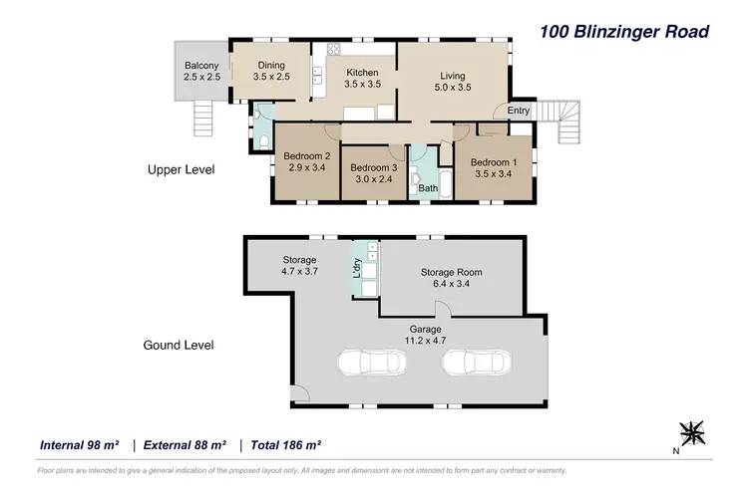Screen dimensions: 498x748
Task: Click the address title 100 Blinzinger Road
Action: tap(623, 31)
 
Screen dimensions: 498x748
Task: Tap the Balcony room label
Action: tap(200, 72)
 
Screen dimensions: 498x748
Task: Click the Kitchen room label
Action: tap(362, 79)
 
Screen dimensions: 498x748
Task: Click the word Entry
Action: tap(519, 111)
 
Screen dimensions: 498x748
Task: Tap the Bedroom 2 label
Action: tap(306, 161)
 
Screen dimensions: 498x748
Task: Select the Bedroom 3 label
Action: tap(375, 173)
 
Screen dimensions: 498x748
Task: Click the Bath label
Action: tap(428, 187)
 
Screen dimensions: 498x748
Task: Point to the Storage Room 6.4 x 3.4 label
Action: tap(451, 277)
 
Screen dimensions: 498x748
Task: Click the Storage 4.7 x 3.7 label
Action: tap(298, 266)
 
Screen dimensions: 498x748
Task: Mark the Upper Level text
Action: tap(181, 170)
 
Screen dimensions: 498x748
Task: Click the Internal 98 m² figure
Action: tap(79, 444)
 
